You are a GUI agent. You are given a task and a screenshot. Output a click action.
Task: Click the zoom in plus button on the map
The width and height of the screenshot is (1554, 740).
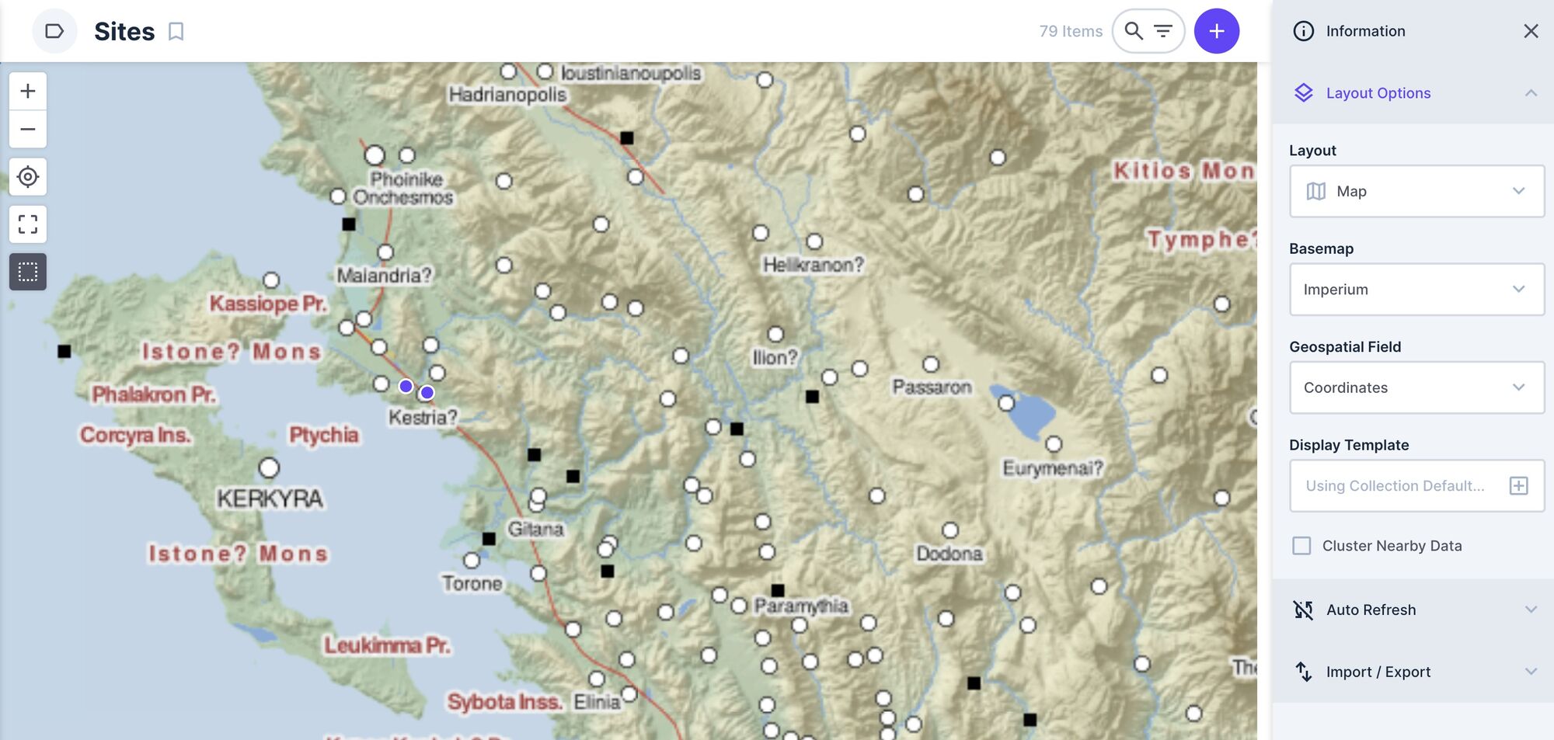28,92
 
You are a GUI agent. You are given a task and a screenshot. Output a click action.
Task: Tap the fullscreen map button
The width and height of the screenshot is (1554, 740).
28,224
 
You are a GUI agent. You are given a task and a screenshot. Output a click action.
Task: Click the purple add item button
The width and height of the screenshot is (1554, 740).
1216,31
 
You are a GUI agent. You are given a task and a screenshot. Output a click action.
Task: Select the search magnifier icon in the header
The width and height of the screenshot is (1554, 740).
1134,31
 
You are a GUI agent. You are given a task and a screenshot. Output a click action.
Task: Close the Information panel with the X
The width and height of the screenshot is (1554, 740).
1531,31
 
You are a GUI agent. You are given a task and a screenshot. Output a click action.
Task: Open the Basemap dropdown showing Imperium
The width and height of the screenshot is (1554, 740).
1416,290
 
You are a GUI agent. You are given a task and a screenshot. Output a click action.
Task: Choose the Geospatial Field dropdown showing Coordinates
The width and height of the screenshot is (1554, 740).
1416,387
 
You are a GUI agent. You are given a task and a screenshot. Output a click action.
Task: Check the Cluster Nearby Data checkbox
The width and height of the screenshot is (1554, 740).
1301,546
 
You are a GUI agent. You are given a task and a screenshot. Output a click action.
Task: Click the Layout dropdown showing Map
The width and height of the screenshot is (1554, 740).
1416,191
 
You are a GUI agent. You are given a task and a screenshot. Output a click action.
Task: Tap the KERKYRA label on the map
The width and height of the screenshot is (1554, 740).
270,499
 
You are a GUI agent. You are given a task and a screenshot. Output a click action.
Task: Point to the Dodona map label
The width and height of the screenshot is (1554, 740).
949,554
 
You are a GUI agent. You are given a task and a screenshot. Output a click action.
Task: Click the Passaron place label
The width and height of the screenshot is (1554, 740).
932,387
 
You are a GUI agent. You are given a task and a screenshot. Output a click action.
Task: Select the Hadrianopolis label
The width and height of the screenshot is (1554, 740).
507,95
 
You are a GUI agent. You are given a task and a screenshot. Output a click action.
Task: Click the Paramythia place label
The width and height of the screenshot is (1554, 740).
801,606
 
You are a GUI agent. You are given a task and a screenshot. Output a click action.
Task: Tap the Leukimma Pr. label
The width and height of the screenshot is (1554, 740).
387,645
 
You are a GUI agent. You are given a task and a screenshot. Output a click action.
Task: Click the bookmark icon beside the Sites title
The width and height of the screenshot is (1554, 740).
176,32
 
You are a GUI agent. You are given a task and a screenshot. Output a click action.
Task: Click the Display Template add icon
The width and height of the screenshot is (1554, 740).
1518,486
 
